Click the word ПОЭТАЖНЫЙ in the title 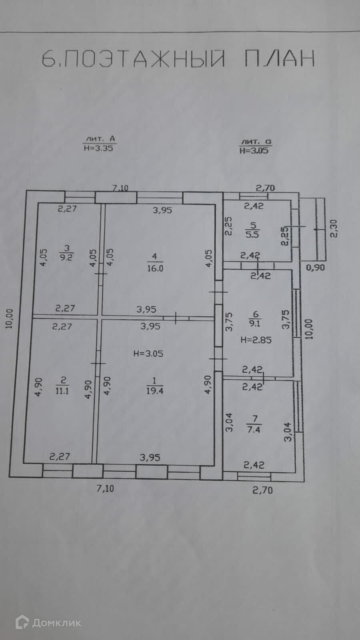click(x=144, y=59)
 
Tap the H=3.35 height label click(x=98, y=148)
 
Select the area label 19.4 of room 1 click(x=154, y=391)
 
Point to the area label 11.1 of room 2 click(x=62, y=391)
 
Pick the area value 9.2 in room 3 click(x=66, y=258)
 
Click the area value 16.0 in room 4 click(x=155, y=268)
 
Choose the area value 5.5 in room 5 click(x=252, y=234)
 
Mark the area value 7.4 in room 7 click(x=254, y=430)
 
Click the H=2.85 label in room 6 click(x=256, y=340)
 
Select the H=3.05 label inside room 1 click(x=148, y=354)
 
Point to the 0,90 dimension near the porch click(x=316, y=267)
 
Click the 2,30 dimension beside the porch click(x=334, y=228)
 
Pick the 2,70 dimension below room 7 click(x=262, y=490)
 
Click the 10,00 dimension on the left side click(x=9, y=319)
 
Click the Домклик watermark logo click(x=48, y=622)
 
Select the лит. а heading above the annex click(x=256, y=142)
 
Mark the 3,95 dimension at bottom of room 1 click(x=150, y=457)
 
